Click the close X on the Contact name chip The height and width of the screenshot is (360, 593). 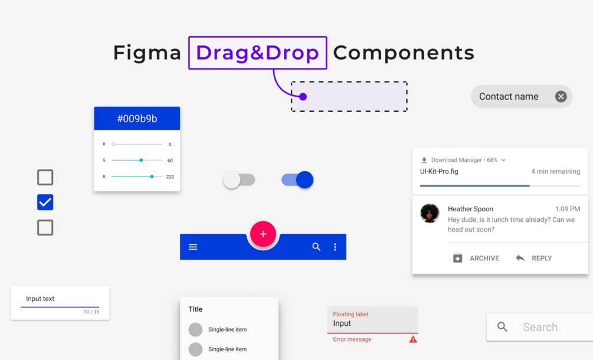[x=561, y=97]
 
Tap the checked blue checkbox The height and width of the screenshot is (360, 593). [x=45, y=202]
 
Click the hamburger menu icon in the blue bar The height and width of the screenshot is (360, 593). [x=193, y=247]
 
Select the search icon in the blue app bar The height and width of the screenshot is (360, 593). [x=316, y=247]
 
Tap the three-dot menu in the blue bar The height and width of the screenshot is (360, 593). [x=335, y=247]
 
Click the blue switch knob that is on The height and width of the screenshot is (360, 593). [x=304, y=180]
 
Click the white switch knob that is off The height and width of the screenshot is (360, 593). [x=232, y=180]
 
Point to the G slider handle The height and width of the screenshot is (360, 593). [x=141, y=160]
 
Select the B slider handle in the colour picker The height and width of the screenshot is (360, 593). [x=152, y=176]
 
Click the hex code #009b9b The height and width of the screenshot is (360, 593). [x=137, y=119]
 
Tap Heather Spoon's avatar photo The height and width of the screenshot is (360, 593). [x=430, y=213]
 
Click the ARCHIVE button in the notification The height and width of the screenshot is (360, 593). [x=476, y=258]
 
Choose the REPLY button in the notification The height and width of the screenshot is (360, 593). [x=534, y=258]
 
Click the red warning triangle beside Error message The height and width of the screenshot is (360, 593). [x=413, y=339]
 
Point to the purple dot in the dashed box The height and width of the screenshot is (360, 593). [x=303, y=97]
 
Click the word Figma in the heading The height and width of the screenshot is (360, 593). [x=147, y=53]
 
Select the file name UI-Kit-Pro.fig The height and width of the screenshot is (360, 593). [x=439, y=172]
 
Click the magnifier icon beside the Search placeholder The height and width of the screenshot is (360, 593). [x=502, y=327]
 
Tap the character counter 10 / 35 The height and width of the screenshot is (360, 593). [x=91, y=312]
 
